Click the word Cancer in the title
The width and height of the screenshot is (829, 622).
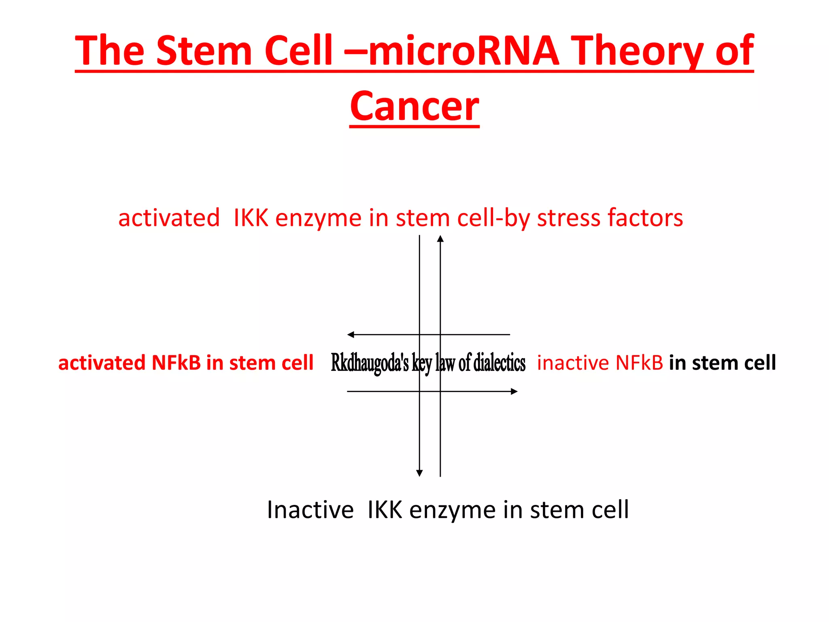414,106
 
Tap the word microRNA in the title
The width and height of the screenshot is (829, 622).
463,51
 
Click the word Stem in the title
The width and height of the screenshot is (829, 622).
204,51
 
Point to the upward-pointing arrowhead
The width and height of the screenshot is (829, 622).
440,239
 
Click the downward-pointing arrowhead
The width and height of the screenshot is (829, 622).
419,473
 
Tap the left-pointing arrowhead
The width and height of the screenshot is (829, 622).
351,334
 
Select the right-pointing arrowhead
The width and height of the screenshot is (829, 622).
514,391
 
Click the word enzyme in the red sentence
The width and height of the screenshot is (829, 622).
318,218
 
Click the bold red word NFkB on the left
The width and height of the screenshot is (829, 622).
176,362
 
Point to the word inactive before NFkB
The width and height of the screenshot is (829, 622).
573,362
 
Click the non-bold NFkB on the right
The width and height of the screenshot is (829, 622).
639,362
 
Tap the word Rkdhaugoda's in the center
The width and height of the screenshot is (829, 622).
370,363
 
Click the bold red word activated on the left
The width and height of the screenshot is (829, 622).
102,362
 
